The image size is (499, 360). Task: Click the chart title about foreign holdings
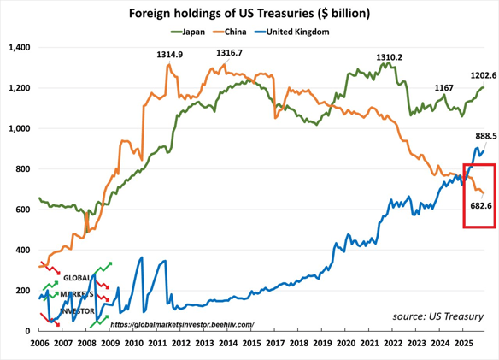(249, 14)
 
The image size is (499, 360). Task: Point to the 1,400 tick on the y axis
(18, 47)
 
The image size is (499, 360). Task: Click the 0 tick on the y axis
(27, 330)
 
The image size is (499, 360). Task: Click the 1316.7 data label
(229, 53)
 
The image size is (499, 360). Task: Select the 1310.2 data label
(389, 57)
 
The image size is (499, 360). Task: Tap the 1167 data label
(444, 87)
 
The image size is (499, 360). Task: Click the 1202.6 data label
(484, 75)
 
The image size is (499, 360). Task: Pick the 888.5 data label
(485, 135)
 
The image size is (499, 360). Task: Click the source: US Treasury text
(437, 316)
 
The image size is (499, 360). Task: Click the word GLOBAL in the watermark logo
(75, 278)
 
